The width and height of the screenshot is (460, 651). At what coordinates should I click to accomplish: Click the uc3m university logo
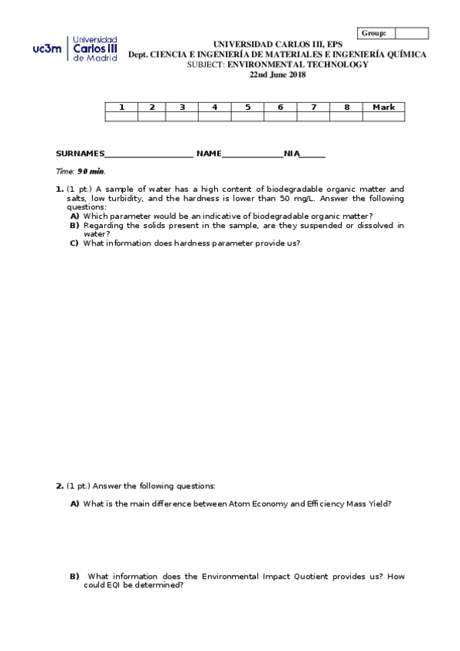click(74, 48)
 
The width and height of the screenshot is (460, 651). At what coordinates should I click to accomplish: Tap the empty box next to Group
click(412, 33)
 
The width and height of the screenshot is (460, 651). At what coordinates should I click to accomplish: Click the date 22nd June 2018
click(277, 74)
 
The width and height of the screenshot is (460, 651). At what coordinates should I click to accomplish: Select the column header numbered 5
click(247, 107)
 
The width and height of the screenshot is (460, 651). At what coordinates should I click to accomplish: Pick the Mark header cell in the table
click(383, 107)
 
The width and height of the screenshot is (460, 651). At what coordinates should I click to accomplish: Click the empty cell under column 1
click(121, 117)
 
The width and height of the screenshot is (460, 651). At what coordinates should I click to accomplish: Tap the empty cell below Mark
click(383, 117)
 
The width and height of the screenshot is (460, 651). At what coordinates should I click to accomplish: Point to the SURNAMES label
click(80, 154)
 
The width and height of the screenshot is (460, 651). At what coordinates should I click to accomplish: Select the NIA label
click(291, 154)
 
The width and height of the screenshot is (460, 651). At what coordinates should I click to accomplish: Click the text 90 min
click(91, 171)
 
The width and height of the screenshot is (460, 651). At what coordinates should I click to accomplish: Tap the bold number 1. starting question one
click(59, 189)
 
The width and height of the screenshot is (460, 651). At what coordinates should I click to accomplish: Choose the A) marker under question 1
click(74, 216)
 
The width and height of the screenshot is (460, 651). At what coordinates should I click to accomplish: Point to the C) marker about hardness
click(74, 243)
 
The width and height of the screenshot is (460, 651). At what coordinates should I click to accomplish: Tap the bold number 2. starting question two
click(59, 485)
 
